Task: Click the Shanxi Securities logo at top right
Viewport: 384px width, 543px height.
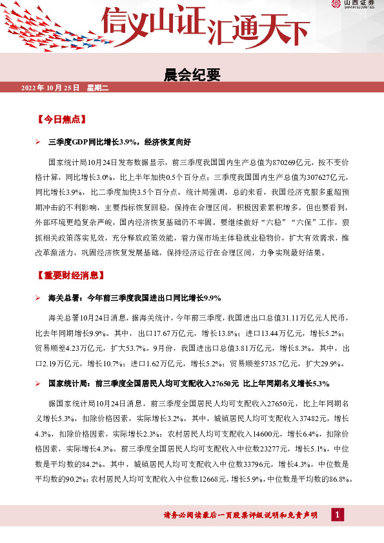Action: tap(354, 5)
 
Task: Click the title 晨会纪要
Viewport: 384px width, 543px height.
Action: tap(192, 75)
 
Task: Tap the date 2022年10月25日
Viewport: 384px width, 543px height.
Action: tap(50, 87)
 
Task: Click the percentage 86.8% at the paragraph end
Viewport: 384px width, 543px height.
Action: tap(339, 479)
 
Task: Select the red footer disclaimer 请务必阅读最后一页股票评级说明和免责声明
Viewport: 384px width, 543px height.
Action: tap(241, 515)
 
